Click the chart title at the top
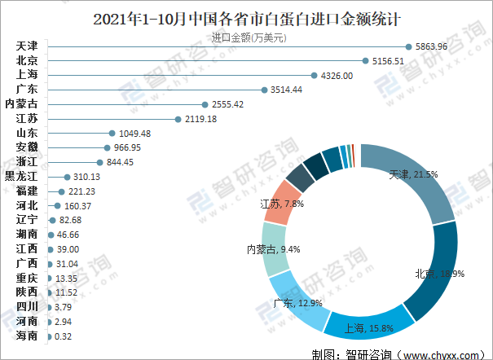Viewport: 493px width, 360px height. pos(245,16)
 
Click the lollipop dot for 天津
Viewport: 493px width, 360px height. pos(407,46)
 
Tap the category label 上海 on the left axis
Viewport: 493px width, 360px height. pos(26,75)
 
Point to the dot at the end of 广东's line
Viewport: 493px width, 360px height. pos(263,90)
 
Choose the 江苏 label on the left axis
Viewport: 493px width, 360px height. pos(26,119)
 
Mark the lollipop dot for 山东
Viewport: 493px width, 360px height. pos(111,133)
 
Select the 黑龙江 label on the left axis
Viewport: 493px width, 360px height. pos(21,177)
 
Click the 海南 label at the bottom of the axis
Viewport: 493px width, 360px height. pos(26,336)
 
